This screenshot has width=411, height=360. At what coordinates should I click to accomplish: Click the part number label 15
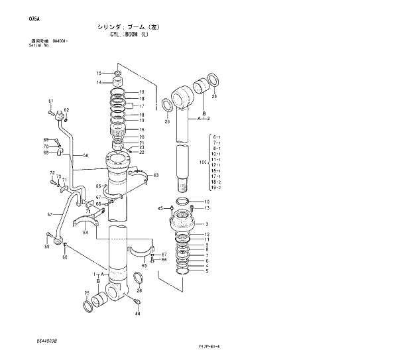99,73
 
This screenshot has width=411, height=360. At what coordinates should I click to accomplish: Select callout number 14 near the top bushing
99,82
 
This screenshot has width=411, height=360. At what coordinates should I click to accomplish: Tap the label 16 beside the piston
141,130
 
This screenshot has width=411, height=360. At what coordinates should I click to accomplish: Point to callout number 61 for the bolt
50,101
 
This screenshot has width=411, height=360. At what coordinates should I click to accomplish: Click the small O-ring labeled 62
66,110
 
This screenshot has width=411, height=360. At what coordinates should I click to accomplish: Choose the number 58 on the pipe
85,155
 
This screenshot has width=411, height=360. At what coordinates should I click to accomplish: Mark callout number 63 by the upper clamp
156,175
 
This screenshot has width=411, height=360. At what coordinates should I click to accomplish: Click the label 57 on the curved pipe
50,215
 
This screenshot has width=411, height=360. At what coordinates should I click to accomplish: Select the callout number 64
85,233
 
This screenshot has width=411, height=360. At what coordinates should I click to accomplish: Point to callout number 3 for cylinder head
207,224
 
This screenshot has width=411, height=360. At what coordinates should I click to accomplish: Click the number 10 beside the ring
207,202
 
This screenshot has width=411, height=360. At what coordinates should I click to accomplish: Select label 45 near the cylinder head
160,208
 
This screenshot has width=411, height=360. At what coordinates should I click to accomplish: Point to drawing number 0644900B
47,340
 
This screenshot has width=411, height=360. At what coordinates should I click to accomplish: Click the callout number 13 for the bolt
207,208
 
